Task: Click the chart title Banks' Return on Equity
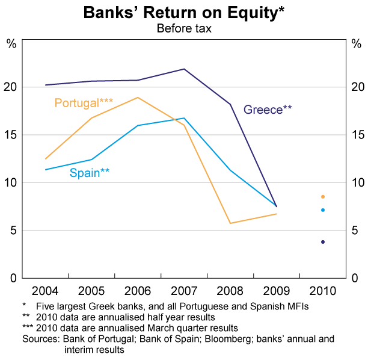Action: pos(183,13)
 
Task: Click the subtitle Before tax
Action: pos(183,28)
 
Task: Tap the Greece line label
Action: pos(268,110)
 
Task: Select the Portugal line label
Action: pos(84,103)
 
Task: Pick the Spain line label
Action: pos(90,173)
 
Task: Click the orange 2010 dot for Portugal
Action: pos(323,197)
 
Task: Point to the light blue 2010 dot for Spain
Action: pos(323,210)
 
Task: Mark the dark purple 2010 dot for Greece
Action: pos(323,242)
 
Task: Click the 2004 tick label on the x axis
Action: pos(46,288)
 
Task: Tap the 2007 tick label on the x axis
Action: pos(184,288)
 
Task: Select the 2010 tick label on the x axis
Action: pos(323,288)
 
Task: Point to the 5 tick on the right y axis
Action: pos(355,231)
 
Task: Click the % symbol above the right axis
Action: pos(355,43)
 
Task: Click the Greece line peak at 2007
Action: pos(184,69)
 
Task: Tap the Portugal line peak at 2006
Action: pos(138,98)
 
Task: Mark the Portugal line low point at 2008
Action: pos(230,223)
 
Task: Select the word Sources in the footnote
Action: pos(39,339)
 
